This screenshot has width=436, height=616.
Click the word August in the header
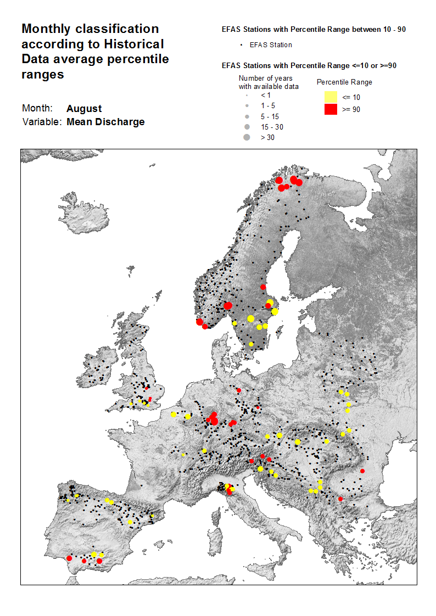(84, 109)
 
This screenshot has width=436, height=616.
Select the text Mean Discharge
(105, 122)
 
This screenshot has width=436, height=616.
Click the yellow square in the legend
(330, 97)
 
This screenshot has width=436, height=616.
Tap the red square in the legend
(330, 109)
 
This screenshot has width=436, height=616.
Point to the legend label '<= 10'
(351, 97)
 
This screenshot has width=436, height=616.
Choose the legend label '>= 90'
(351, 109)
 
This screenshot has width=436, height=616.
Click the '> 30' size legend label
(267, 137)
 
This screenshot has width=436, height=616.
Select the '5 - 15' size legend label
(269, 116)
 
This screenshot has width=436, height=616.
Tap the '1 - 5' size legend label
(267, 105)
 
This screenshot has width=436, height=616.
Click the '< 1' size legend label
(266, 95)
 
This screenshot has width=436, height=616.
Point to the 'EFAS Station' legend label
(271, 45)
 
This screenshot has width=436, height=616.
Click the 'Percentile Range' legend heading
(344, 82)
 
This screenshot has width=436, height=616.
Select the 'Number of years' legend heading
(265, 79)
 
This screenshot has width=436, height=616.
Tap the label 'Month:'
(37, 109)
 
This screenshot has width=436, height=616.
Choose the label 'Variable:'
(42, 122)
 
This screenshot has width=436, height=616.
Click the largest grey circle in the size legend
(247, 137)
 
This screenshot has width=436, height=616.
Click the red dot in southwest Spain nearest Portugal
(69, 558)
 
